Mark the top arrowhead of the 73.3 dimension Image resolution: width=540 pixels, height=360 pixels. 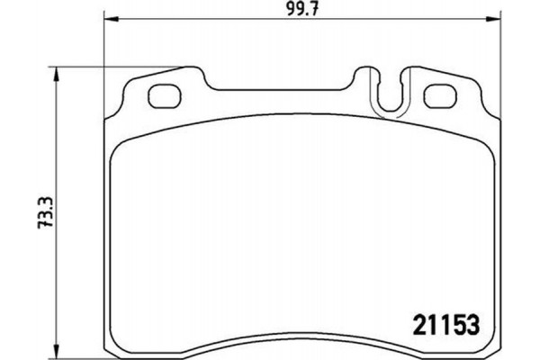(58, 73)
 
